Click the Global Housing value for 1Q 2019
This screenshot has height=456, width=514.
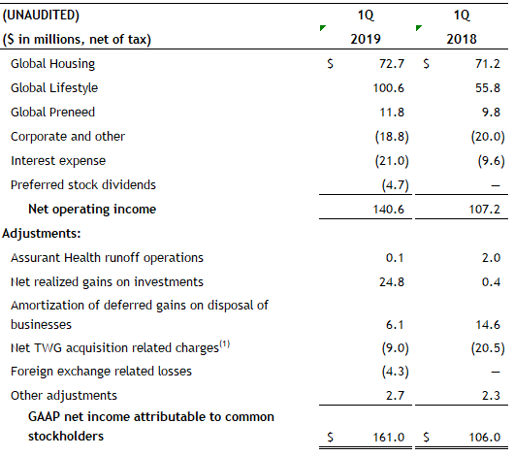392,63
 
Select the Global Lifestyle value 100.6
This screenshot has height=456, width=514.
389,88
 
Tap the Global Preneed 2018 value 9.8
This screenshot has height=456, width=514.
491,113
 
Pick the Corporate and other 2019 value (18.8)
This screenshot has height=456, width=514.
392,137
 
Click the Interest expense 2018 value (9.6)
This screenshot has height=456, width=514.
491,161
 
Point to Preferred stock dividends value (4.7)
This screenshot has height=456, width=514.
395,185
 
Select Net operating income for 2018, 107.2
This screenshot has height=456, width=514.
485,210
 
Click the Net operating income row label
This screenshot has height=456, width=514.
92,210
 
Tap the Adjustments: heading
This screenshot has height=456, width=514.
42,234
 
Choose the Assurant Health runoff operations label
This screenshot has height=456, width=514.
107,258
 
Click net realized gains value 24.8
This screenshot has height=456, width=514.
392,282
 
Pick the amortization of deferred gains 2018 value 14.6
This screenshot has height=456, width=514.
488,325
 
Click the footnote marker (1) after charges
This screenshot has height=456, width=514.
225,344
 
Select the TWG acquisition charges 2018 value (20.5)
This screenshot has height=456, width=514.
488,348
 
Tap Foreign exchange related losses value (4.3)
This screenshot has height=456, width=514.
395,372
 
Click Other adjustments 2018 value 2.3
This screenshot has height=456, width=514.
491,396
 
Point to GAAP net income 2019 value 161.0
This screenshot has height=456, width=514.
389,438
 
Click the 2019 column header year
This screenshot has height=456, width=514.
366,39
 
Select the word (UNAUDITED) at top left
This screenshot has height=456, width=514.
41,16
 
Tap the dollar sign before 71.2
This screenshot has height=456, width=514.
426,63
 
